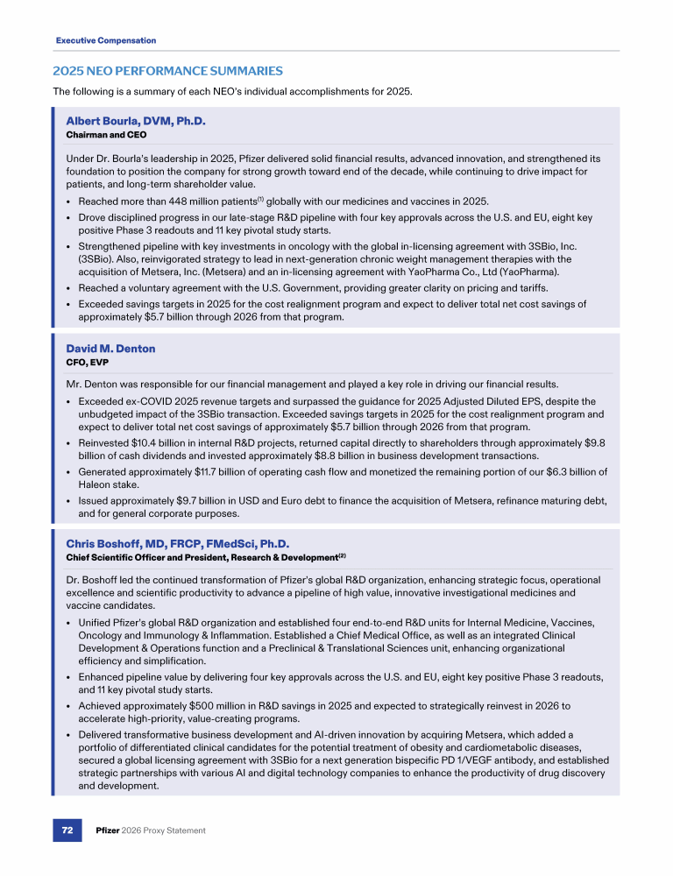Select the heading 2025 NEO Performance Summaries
tap(167, 70)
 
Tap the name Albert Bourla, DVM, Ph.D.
tap(136, 120)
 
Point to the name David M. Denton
tap(110, 348)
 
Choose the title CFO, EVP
tap(87, 363)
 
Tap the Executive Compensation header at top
tap(105, 40)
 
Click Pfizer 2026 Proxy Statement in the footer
tap(151, 830)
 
